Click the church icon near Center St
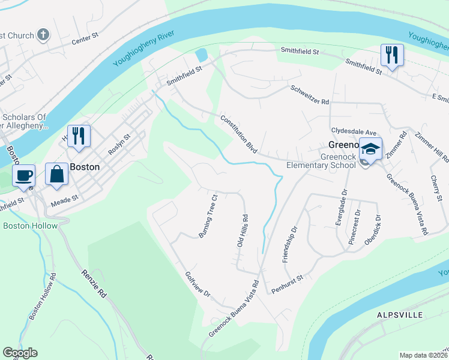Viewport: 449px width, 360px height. (x=43, y=35)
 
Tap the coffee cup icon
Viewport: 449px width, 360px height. (x=23, y=175)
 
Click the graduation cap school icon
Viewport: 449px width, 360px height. (x=370, y=149)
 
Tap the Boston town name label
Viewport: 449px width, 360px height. (x=85, y=167)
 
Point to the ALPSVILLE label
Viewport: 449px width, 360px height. (x=400, y=315)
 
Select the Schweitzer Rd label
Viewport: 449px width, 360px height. (x=310, y=94)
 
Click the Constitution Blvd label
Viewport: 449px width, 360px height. (x=239, y=134)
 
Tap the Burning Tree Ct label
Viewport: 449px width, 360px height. (x=208, y=215)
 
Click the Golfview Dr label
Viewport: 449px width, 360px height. (x=199, y=285)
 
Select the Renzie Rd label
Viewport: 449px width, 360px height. (x=94, y=284)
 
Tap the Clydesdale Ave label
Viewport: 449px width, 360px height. (x=353, y=131)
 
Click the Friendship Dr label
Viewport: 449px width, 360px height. (x=291, y=244)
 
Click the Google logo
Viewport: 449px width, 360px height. (x=20, y=353)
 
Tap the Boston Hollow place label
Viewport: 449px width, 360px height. (x=30, y=226)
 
